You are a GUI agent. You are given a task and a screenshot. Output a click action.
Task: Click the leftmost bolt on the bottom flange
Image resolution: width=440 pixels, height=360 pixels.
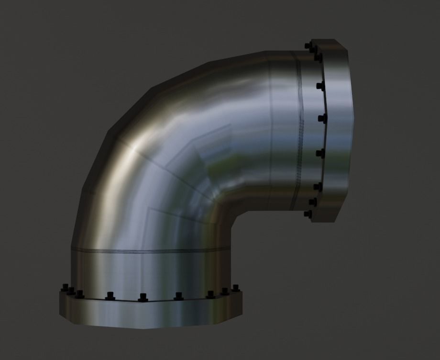(64, 287)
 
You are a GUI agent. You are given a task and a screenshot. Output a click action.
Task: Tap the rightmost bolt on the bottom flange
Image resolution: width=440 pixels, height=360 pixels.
(235, 288)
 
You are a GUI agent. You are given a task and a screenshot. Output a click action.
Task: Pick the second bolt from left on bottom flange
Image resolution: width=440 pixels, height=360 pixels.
(71, 290)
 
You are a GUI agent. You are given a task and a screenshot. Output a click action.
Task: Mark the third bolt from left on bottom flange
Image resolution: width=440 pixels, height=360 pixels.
(80, 293)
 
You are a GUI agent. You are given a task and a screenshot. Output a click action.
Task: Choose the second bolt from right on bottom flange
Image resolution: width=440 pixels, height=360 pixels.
(225, 291)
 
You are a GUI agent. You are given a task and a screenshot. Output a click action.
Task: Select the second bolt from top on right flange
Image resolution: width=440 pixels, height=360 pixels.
(317, 56)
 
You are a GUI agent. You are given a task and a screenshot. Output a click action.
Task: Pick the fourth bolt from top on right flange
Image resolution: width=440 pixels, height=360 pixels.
(323, 118)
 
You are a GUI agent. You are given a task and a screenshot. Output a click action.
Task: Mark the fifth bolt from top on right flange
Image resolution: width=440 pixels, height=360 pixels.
(321, 153)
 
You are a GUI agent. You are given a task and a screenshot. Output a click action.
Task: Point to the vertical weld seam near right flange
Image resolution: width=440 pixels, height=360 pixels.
(299, 134)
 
